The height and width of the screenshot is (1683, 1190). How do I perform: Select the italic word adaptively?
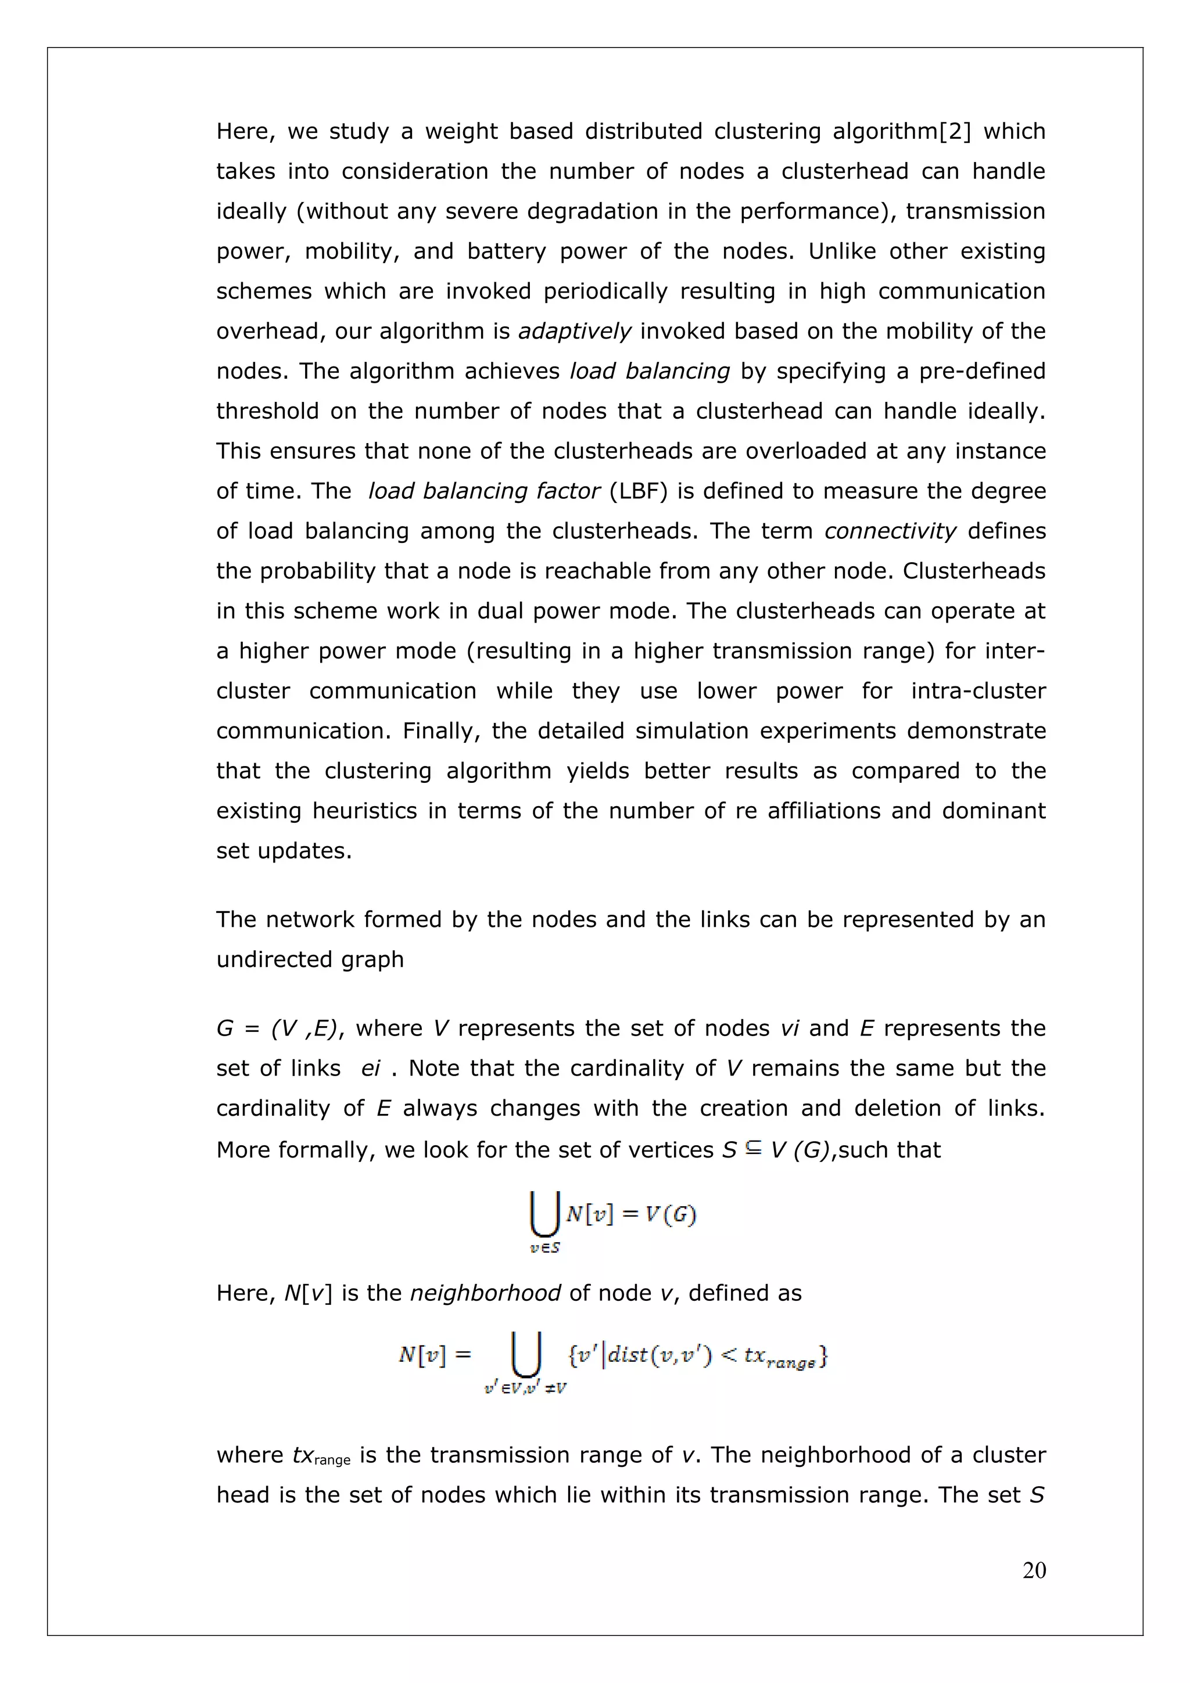pos(574,332)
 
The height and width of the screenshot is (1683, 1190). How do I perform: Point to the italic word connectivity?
pos(890,531)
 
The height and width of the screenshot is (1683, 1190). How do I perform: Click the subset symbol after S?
pos(753,1149)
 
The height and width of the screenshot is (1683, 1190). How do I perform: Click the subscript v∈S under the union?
pos(545,1249)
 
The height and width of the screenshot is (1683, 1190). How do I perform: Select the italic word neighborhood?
pos(485,1293)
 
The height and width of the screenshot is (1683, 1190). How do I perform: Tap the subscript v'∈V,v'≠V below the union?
pos(525,1389)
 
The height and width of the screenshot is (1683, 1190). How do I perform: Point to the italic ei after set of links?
pos(370,1069)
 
